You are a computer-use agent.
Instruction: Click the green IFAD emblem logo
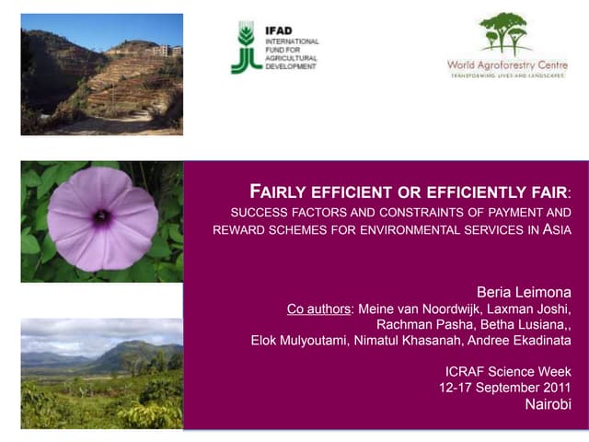245,49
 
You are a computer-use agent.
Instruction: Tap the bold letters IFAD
280,30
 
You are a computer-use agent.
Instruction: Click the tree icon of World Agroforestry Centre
505,34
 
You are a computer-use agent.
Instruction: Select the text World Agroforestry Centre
505,64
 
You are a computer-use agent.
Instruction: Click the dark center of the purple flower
101,217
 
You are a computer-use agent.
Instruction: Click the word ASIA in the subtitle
557,230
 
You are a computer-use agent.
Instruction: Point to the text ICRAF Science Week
507,372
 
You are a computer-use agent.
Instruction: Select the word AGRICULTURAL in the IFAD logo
290,60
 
